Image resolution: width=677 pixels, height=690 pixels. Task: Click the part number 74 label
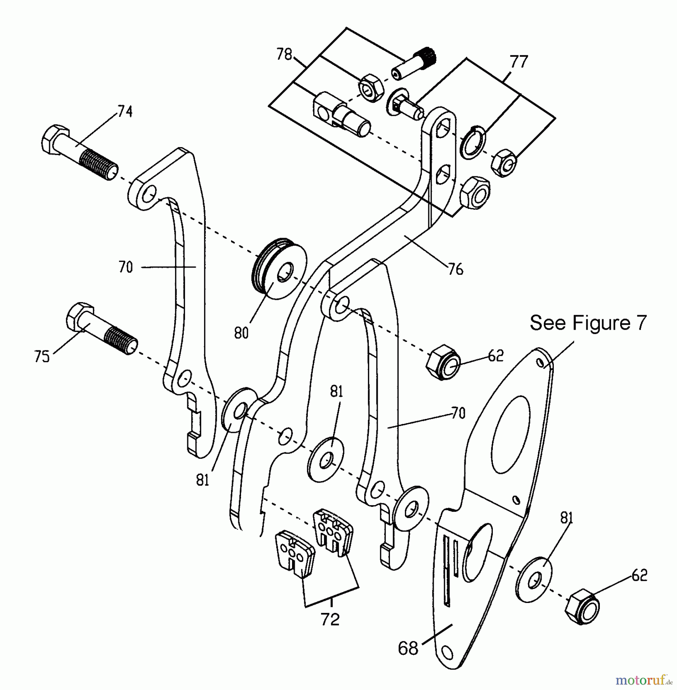tap(125, 112)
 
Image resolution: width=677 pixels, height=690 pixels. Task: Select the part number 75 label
tap(41, 356)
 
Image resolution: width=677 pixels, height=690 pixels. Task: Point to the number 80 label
tap(241, 333)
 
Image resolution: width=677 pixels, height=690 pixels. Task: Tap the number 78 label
tap(284, 54)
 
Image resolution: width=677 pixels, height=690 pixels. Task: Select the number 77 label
tap(518, 61)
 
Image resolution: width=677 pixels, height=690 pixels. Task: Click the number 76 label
tap(456, 269)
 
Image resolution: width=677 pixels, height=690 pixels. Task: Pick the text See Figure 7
tap(588, 323)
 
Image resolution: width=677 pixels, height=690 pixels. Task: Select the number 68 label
tap(408, 648)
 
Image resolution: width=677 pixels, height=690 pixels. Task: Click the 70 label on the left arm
tap(125, 267)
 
